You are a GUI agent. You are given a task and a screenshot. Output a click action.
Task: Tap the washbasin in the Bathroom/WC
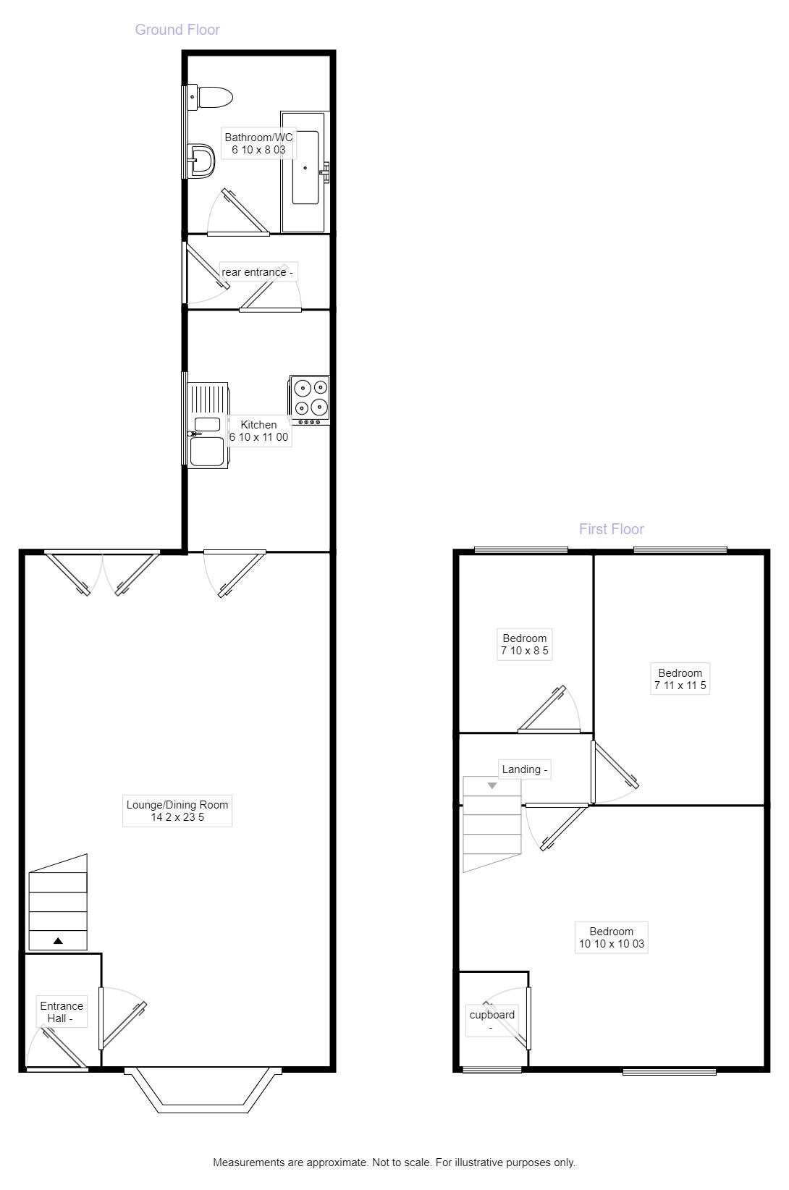[201, 160]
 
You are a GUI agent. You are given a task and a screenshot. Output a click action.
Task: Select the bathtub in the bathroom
[305, 171]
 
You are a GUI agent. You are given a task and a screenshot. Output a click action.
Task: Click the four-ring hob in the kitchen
[309, 398]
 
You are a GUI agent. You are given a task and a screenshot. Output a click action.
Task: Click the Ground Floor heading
[177, 30]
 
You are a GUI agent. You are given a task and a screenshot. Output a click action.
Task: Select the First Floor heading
[611, 529]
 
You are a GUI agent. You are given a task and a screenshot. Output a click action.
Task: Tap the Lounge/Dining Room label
[177, 811]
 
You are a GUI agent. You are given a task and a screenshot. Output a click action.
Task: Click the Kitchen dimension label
[258, 431]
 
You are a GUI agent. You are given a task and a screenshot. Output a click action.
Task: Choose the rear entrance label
[258, 272]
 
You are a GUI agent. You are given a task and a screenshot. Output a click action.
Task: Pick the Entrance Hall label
[62, 1012]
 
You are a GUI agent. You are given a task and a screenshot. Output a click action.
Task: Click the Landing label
[525, 769]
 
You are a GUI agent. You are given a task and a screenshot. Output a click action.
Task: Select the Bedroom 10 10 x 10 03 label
[611, 937]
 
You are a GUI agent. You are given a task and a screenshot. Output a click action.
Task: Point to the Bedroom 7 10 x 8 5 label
[524, 644]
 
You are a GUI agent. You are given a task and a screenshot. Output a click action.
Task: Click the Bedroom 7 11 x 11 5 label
[680, 679]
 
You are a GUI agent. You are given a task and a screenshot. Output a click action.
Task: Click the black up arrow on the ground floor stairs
[58, 941]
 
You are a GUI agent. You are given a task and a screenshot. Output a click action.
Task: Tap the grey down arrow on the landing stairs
[492, 785]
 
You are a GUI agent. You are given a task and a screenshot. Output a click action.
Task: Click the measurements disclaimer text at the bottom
[394, 1162]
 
